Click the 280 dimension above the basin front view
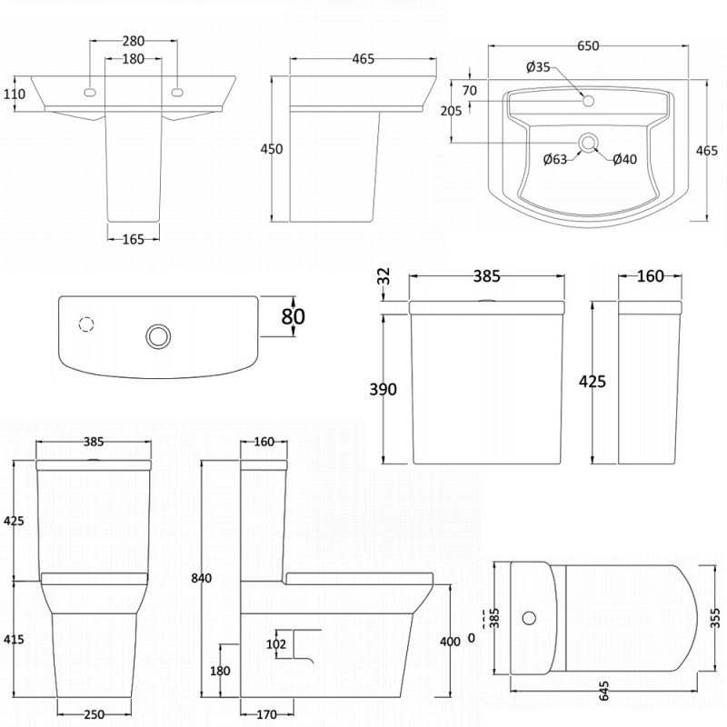tap(134, 42)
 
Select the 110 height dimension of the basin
tap(13, 93)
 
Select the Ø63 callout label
tap(555, 160)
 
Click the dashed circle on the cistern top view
tap(87, 325)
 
